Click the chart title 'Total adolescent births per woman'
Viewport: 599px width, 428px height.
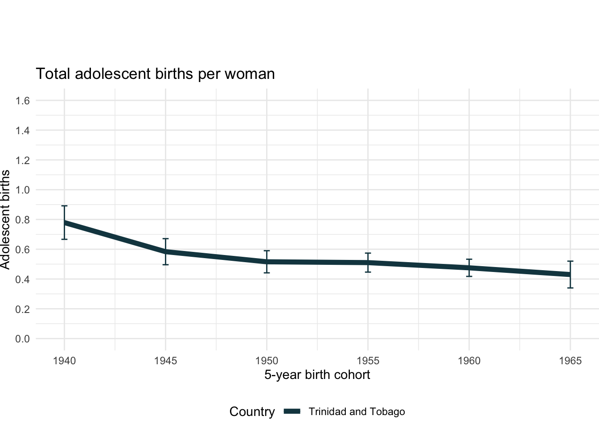(x=155, y=74)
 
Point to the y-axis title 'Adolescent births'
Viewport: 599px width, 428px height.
(x=5, y=219)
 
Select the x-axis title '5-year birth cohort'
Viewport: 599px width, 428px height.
(x=317, y=374)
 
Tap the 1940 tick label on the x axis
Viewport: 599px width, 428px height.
(x=64, y=361)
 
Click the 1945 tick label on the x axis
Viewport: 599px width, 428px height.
(x=165, y=361)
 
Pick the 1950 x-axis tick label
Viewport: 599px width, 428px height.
(x=267, y=361)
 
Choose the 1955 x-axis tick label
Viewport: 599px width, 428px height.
(x=368, y=361)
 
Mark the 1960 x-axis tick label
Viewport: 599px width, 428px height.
(x=469, y=361)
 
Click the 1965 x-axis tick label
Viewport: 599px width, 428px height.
(x=570, y=361)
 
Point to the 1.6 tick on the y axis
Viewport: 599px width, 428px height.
(x=22, y=101)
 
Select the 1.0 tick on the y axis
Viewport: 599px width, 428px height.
(x=22, y=190)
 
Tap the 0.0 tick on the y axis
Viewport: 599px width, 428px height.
(x=22, y=339)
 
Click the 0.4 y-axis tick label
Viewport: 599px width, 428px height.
(x=22, y=280)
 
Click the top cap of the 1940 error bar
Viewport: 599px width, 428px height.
(x=64, y=206)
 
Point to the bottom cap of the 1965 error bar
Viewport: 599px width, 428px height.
(x=570, y=288)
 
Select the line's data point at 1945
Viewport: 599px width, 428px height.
(x=165, y=252)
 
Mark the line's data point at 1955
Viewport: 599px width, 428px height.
(x=368, y=263)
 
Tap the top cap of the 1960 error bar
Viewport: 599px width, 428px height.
(x=469, y=259)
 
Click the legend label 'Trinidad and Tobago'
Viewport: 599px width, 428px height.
(x=357, y=412)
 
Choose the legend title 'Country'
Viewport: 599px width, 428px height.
(x=252, y=412)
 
